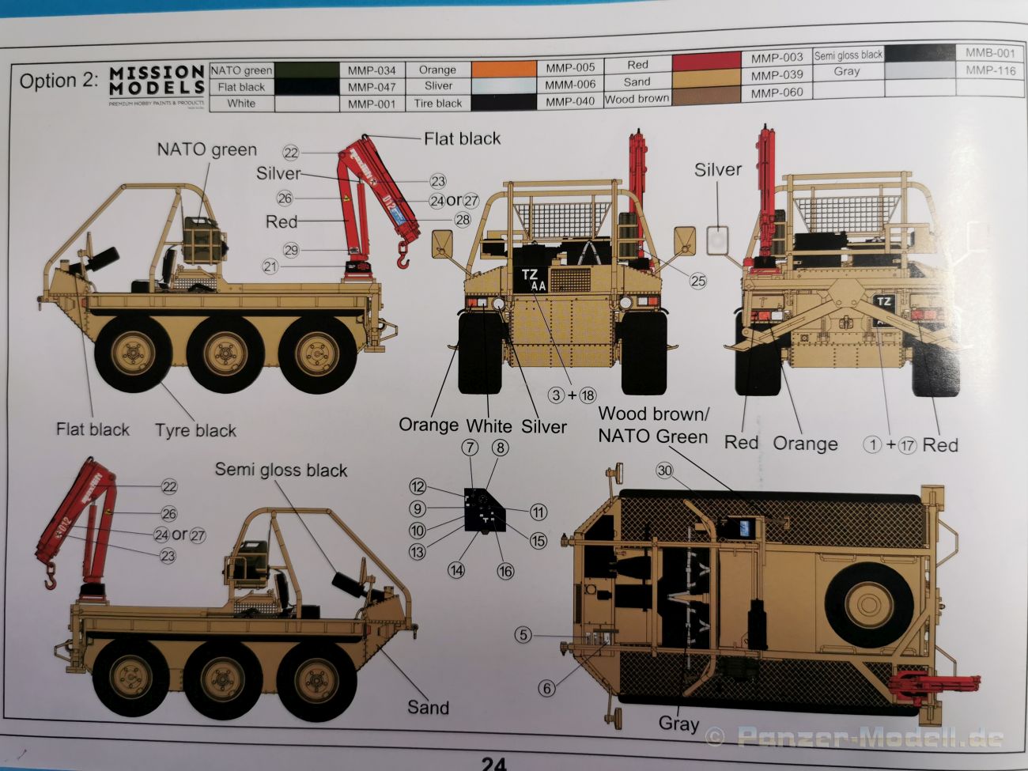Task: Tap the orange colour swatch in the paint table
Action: click(x=504, y=69)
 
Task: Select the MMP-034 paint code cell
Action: click(x=372, y=70)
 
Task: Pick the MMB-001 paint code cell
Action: click(x=989, y=53)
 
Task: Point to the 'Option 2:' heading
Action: click(x=59, y=81)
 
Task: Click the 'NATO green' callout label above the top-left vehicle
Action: click(x=206, y=149)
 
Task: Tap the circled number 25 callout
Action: click(x=697, y=280)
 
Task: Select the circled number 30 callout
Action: click(x=664, y=471)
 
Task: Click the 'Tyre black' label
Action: click(x=195, y=431)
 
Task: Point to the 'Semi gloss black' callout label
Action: click(x=281, y=471)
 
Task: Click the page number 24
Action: click(x=493, y=763)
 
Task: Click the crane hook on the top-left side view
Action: click(x=403, y=255)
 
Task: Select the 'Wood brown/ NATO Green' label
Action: click(x=653, y=425)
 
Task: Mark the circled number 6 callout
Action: click(x=546, y=688)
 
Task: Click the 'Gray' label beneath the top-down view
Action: click(x=678, y=724)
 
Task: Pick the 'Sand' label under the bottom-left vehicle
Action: click(x=427, y=708)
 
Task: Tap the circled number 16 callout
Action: click(x=504, y=571)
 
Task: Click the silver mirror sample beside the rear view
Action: click(x=716, y=239)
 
